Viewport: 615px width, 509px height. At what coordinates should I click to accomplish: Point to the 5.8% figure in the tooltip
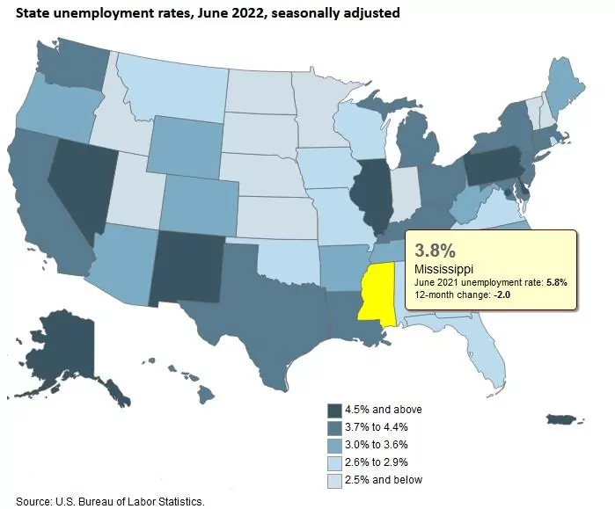click(x=556, y=282)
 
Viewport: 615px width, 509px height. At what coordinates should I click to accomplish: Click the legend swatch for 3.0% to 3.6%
click(x=334, y=446)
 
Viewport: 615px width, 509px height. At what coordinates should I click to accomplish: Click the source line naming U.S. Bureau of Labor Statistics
click(x=110, y=501)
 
